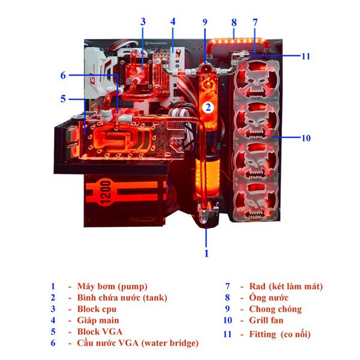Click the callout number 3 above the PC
tap(143, 22)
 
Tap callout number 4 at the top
tap(173, 22)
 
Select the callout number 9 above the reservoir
tap(205, 22)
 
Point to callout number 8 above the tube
tap(233, 22)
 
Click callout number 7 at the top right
tap(255, 22)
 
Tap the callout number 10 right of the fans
tap(306, 138)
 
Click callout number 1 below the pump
tap(206, 253)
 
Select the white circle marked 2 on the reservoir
tap(207, 108)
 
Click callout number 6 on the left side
tap(62, 75)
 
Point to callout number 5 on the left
tap(62, 98)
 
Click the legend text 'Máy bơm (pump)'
tap(112, 286)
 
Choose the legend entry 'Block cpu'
tap(98, 309)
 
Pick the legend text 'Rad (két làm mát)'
tap(281, 286)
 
